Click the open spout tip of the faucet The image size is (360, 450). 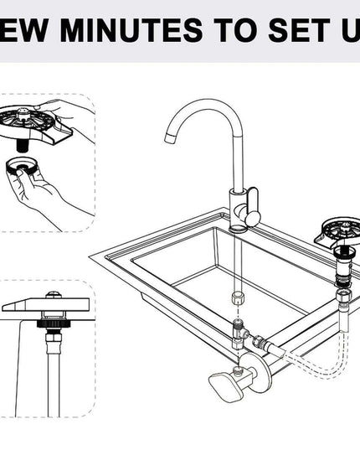point(172,142)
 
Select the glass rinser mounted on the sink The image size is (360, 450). point(338,230)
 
